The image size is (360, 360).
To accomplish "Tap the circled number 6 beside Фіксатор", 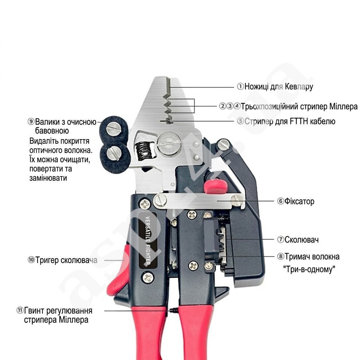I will (x=280, y=201).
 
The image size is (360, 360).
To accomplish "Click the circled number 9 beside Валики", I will (x=31, y=122).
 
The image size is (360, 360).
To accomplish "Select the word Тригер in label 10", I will (x=47, y=260).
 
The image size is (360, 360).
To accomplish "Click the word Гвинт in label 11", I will (x=34, y=311).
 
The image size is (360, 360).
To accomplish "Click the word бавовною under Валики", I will (x=52, y=131).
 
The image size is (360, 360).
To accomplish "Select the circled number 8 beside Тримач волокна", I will (x=280, y=257).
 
